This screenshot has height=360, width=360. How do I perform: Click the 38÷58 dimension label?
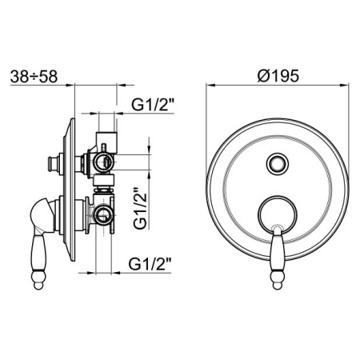pyautogui.click(x=34, y=77)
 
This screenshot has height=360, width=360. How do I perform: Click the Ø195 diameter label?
pyautogui.click(x=278, y=76)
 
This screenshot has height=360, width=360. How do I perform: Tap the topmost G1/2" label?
pyautogui.click(x=153, y=105)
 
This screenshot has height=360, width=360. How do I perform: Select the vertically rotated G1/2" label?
pyautogui.click(x=140, y=209)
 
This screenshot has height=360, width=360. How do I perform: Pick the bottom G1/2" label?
pyautogui.click(x=150, y=264)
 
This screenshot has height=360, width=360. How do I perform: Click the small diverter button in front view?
pyautogui.click(x=278, y=164)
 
